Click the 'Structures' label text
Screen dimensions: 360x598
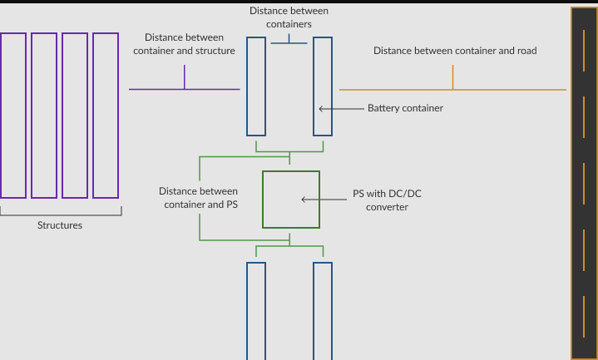60,225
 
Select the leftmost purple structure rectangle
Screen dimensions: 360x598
13,116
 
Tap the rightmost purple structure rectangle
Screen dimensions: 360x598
106,116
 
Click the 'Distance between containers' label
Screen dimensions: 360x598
289,17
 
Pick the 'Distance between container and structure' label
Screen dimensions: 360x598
184,44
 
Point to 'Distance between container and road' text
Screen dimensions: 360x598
454,51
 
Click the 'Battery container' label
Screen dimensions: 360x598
405,108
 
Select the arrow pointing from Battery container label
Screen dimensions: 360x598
341,108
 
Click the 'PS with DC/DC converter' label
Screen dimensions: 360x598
387,200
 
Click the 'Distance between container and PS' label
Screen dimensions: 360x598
198,198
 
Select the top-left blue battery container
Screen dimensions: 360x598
256,86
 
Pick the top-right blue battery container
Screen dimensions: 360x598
323,86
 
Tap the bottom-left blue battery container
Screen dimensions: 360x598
256,311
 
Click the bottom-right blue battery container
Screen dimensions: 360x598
323,311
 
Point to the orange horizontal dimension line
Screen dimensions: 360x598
499,89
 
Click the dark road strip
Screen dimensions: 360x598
584,183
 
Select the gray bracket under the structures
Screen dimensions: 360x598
60,215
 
